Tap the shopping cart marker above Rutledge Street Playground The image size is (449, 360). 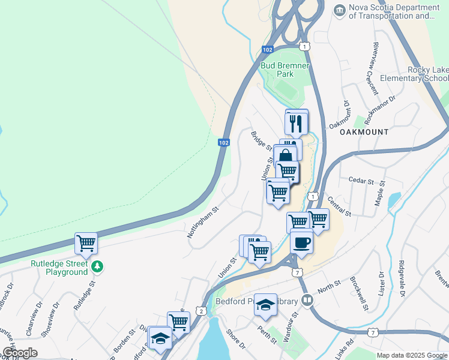pyautogui.click(x=86, y=244)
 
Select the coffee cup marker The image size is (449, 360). pyautogui.click(x=301, y=243)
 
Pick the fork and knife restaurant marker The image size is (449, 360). pyautogui.click(x=297, y=124)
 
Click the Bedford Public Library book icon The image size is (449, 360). pyautogui.click(x=307, y=299)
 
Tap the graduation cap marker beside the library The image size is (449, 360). pyautogui.click(x=265, y=306)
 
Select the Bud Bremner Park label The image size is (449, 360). pyautogui.click(x=277, y=70)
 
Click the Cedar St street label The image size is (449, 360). pyautogui.click(x=362, y=180)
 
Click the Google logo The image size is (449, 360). pyautogui.click(x=20, y=353)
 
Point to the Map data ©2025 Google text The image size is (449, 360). pyautogui.click(x=412, y=355)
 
